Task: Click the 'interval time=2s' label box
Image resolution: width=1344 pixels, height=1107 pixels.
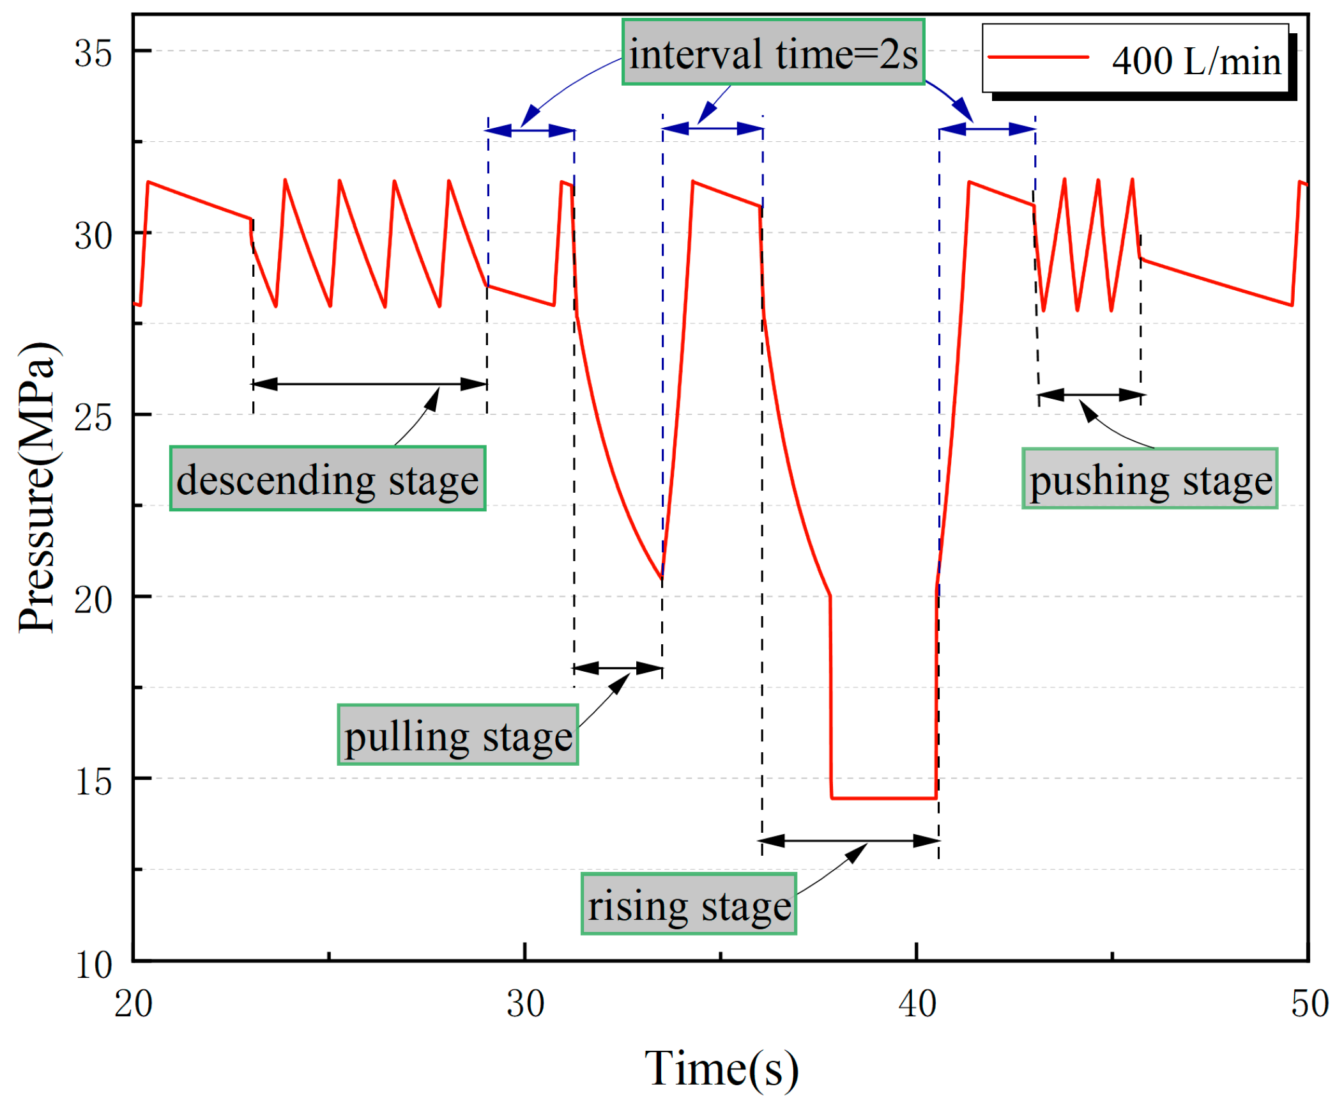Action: pyautogui.click(x=773, y=52)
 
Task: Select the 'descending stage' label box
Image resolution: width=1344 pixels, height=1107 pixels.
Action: pyautogui.click(x=328, y=478)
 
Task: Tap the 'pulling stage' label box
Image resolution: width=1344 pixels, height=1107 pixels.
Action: pyautogui.click(x=457, y=734)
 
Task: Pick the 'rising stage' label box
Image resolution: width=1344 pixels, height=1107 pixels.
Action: pyautogui.click(x=688, y=904)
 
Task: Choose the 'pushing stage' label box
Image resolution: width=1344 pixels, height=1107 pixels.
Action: pyautogui.click(x=1149, y=478)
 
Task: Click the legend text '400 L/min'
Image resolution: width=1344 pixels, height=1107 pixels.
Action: pyautogui.click(x=1196, y=61)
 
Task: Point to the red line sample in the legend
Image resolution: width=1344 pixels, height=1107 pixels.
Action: pyautogui.click(x=1037, y=58)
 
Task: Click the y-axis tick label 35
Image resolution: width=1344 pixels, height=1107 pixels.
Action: pyautogui.click(x=93, y=52)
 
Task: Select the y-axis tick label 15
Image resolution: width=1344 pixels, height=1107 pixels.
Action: pyautogui.click(x=93, y=781)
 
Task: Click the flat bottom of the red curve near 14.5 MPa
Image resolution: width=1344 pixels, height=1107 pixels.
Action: pyautogui.click(x=883, y=798)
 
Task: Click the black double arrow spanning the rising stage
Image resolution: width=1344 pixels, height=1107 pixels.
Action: pyautogui.click(x=849, y=840)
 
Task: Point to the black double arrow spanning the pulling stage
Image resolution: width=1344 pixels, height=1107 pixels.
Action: pyautogui.click(x=618, y=669)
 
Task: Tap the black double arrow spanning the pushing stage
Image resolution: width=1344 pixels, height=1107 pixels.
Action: pyautogui.click(x=1091, y=395)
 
